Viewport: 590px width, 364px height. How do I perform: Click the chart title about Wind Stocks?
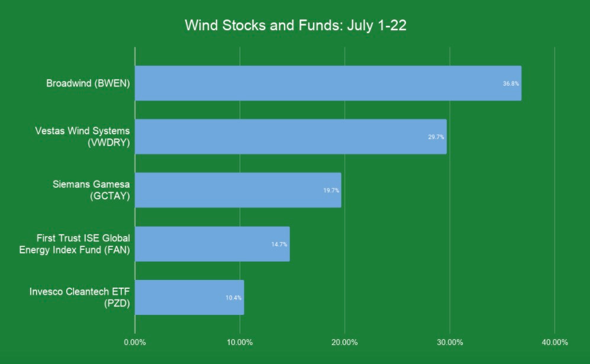[295, 25]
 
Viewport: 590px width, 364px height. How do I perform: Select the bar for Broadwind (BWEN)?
[328, 83]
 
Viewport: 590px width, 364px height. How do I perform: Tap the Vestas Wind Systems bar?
[291, 137]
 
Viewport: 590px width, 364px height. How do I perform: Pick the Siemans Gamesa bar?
[238, 190]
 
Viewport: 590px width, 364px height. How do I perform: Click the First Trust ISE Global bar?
[212, 244]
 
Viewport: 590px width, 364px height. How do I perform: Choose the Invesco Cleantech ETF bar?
[189, 297]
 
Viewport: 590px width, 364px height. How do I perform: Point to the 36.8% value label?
[511, 83]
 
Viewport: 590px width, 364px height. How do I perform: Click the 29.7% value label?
[436, 137]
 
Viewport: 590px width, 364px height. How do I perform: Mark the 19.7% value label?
[331, 191]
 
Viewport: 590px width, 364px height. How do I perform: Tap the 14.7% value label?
[279, 244]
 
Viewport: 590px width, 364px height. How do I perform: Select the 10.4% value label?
[234, 298]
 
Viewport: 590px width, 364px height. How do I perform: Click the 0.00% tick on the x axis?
[135, 343]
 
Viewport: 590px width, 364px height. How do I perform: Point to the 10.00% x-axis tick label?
[240, 343]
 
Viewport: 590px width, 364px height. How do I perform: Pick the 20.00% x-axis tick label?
[344, 343]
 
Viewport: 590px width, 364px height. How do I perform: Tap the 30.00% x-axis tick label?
[450, 343]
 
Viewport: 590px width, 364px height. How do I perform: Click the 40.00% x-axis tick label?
[554, 343]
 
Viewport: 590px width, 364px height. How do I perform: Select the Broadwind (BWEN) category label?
[88, 83]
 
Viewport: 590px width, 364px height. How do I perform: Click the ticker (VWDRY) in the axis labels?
[109, 143]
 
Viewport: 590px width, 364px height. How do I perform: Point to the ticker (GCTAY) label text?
[110, 196]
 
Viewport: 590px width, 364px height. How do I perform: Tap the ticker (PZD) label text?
[117, 304]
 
